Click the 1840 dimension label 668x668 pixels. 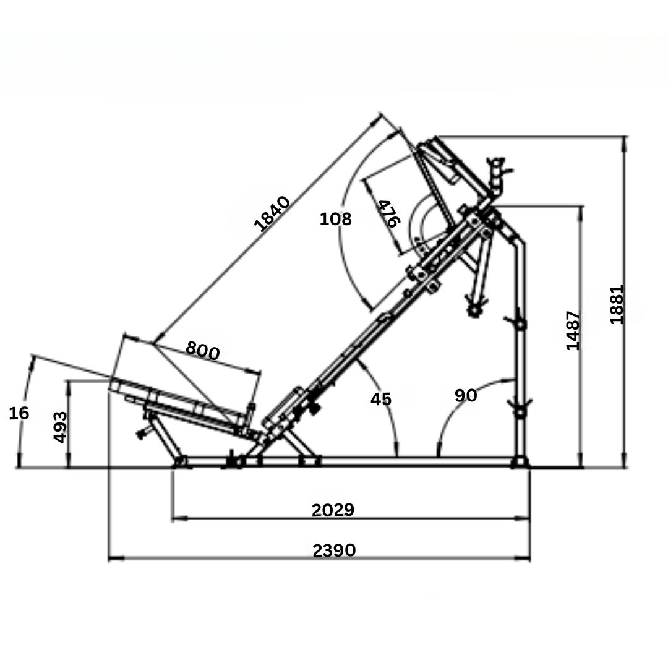coord(272,213)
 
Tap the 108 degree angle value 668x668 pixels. coord(336,219)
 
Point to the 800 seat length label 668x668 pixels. coord(203,351)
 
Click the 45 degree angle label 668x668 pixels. coord(381,399)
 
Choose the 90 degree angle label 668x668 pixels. coord(466,395)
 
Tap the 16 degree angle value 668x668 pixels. coord(19,413)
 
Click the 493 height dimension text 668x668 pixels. coord(60,427)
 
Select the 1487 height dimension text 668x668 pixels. coord(573,330)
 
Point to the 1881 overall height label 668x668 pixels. coord(617,304)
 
